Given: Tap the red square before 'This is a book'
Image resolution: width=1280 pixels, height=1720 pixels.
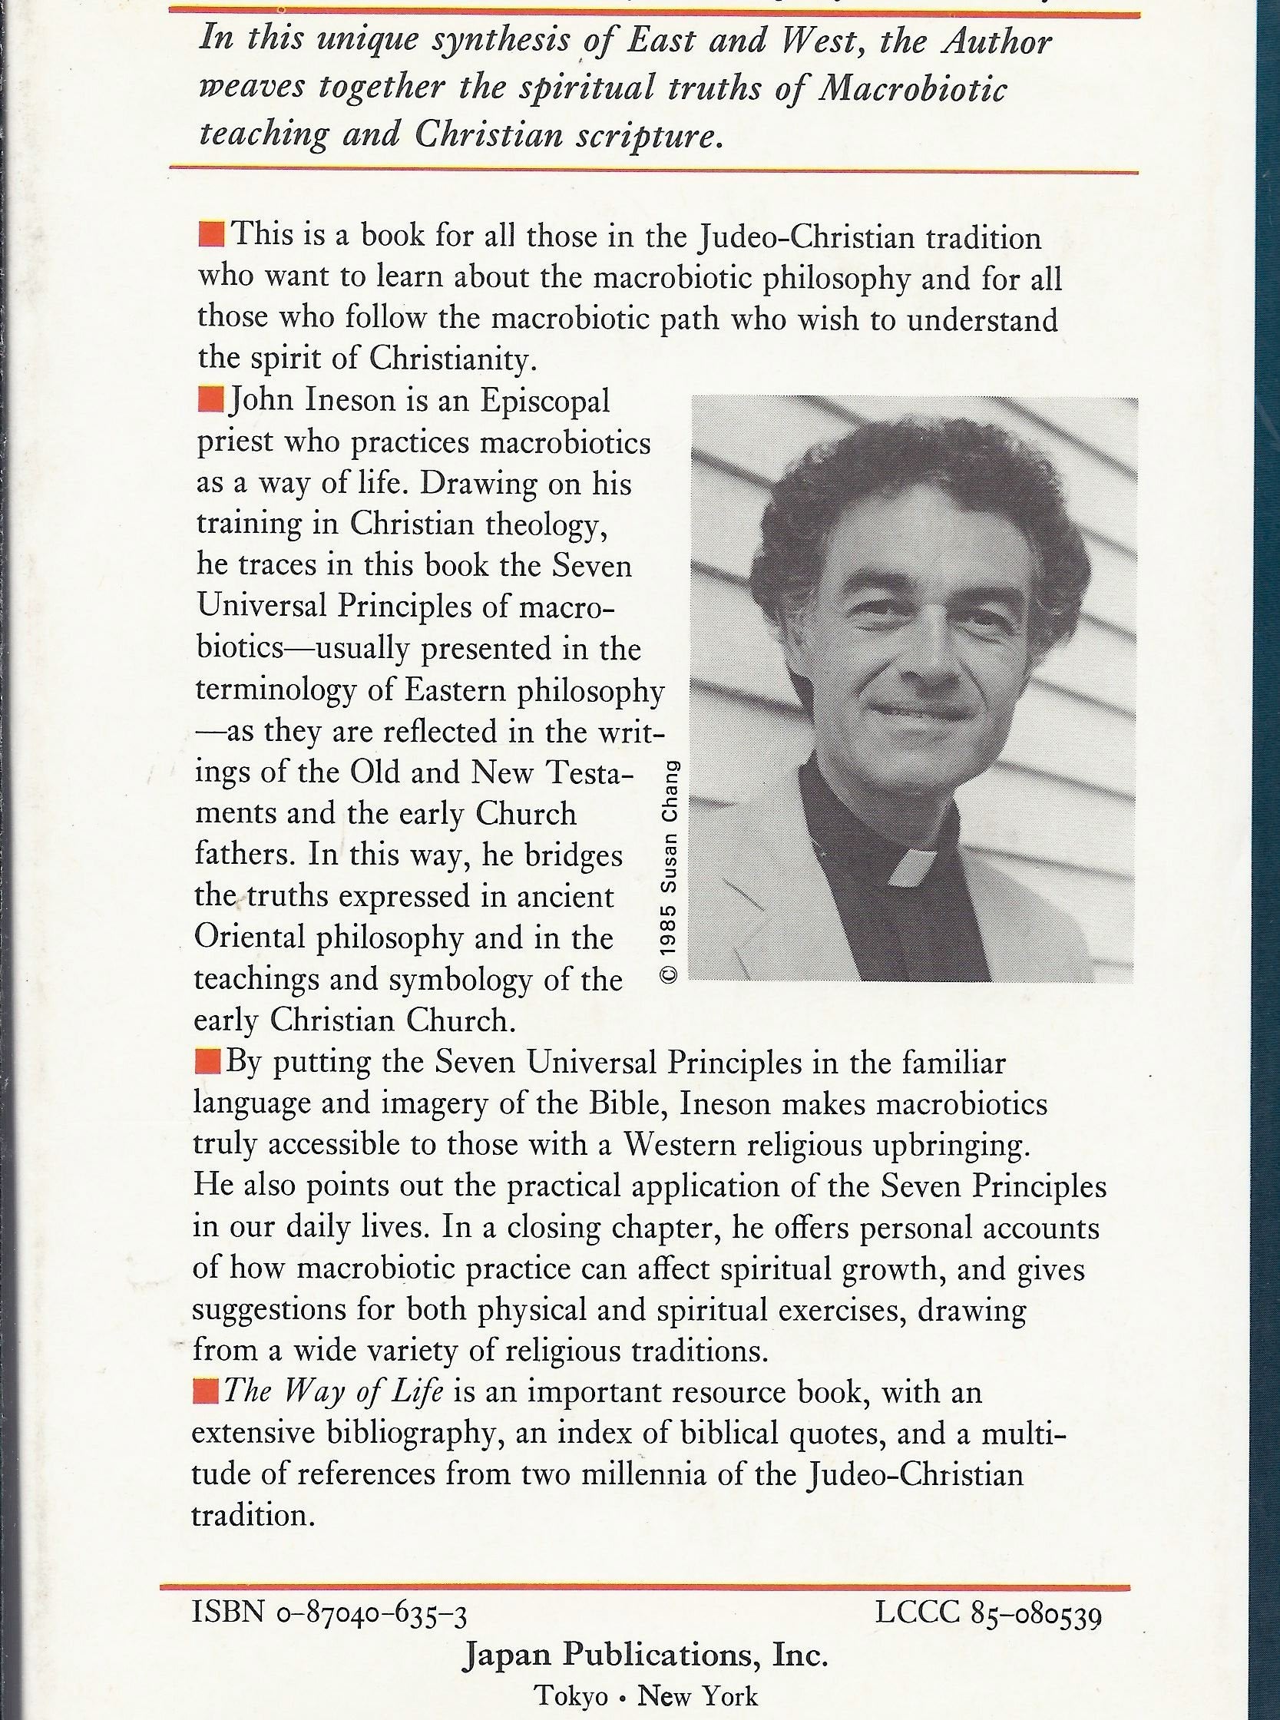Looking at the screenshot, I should click(210, 233).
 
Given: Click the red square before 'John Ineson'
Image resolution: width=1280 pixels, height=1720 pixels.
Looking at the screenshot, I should click(210, 402).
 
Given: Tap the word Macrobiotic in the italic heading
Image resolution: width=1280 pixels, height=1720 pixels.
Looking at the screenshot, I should click(913, 88).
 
